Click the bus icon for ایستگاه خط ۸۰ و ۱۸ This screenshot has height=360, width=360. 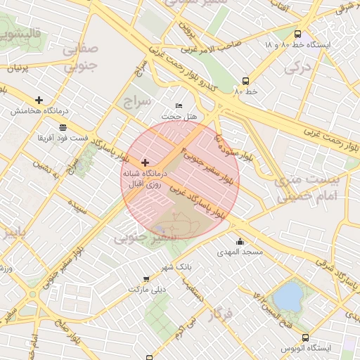pos(298,34)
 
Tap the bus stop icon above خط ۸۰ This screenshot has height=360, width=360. pos(245,81)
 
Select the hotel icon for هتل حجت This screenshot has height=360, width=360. pos(178,105)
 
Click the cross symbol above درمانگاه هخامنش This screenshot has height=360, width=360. pos(38,100)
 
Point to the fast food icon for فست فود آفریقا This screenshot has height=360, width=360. pos(63,127)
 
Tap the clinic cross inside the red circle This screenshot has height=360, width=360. pos(146,162)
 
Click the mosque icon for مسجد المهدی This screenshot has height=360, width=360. pos(240,242)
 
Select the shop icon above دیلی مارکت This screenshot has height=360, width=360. pos(146,278)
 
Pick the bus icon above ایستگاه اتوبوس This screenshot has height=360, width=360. pos(305,337)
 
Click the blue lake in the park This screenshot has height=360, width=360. pos(288,296)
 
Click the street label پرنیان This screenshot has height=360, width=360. pos(19,69)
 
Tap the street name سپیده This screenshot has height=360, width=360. pos(78,207)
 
